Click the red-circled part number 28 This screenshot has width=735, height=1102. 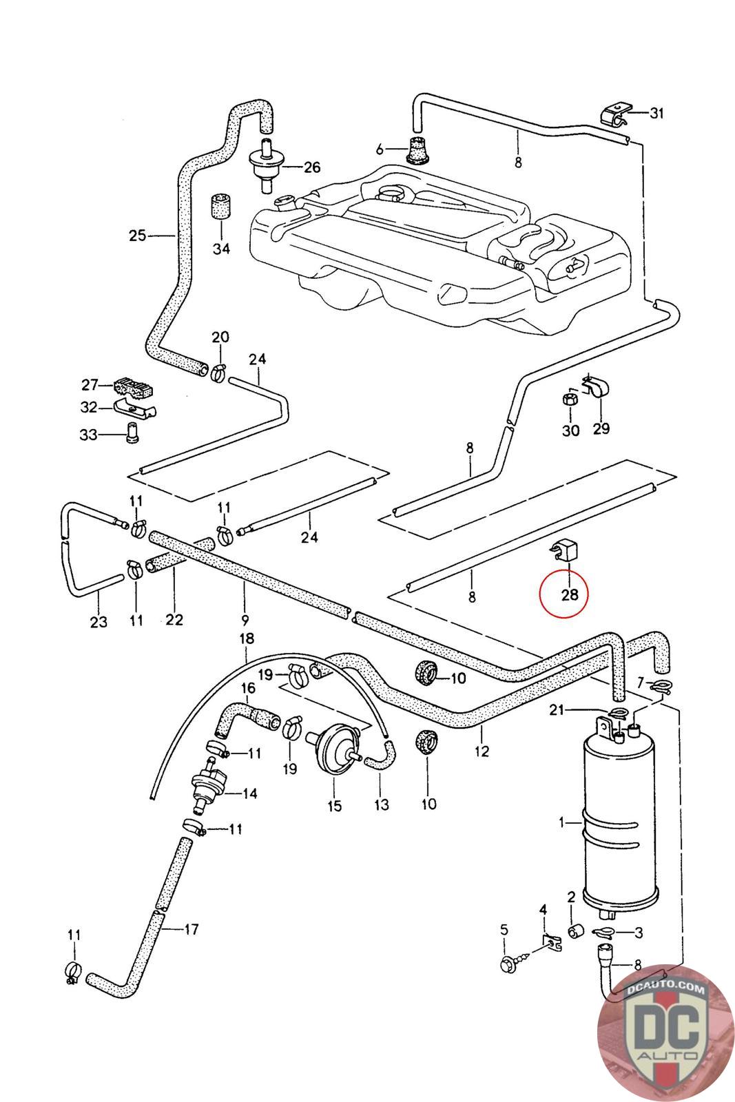(x=570, y=593)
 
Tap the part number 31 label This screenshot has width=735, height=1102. (x=657, y=113)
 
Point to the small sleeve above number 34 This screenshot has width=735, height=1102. (x=220, y=206)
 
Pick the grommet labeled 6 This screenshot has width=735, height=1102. (x=416, y=151)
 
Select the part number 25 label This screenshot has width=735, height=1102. (x=138, y=236)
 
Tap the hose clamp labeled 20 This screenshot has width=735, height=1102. (x=218, y=373)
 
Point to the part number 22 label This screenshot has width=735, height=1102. (x=174, y=620)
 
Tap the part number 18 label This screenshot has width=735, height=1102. (x=246, y=639)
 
